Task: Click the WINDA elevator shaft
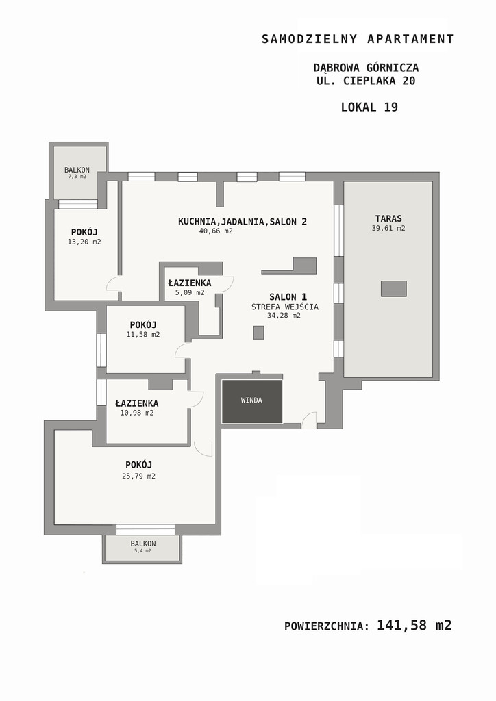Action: tap(252, 401)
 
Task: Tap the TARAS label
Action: tap(388, 218)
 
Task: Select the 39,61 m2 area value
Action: tap(388, 228)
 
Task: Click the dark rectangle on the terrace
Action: tap(393, 289)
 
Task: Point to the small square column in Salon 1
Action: tap(258, 333)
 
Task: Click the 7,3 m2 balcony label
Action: tap(77, 177)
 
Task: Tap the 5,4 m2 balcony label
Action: tap(142, 551)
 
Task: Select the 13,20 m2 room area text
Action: tap(84, 242)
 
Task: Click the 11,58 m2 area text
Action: tap(143, 334)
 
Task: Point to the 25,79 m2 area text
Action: tap(138, 476)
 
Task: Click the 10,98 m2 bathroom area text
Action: tap(137, 413)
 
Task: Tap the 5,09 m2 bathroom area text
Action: tap(190, 293)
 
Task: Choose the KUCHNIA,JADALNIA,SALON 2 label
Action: tap(243, 221)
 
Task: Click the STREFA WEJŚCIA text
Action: tap(285, 307)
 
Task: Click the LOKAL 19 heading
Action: tap(369, 107)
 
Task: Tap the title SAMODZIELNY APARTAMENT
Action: tap(358, 39)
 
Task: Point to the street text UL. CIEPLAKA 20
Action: tap(366, 81)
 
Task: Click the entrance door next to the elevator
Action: tap(310, 421)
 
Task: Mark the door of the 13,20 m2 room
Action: tap(114, 283)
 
